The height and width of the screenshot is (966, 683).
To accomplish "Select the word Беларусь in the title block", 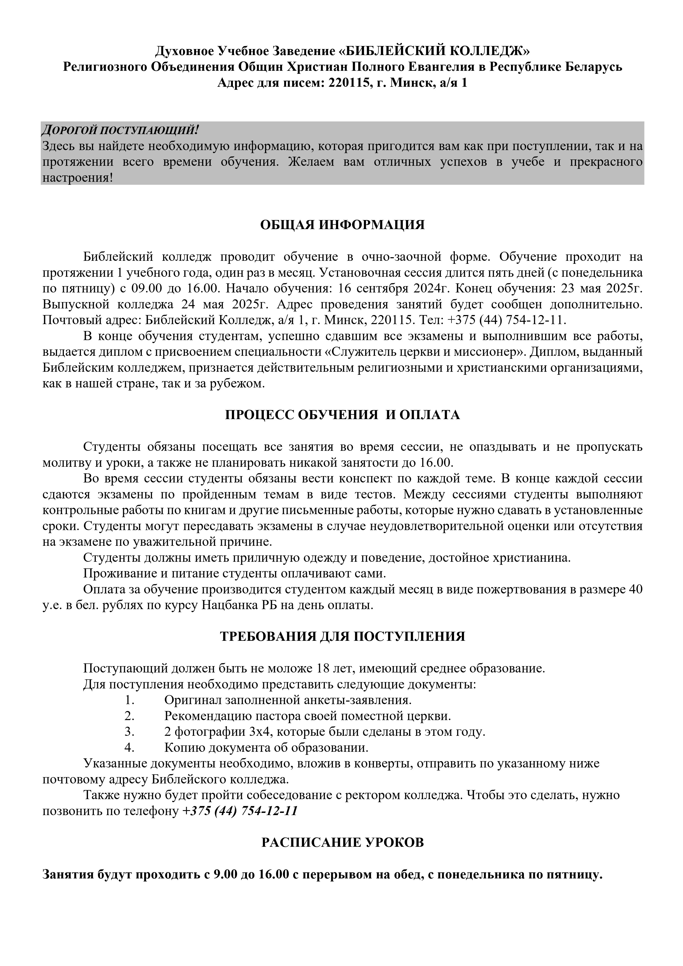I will point(594,67).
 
